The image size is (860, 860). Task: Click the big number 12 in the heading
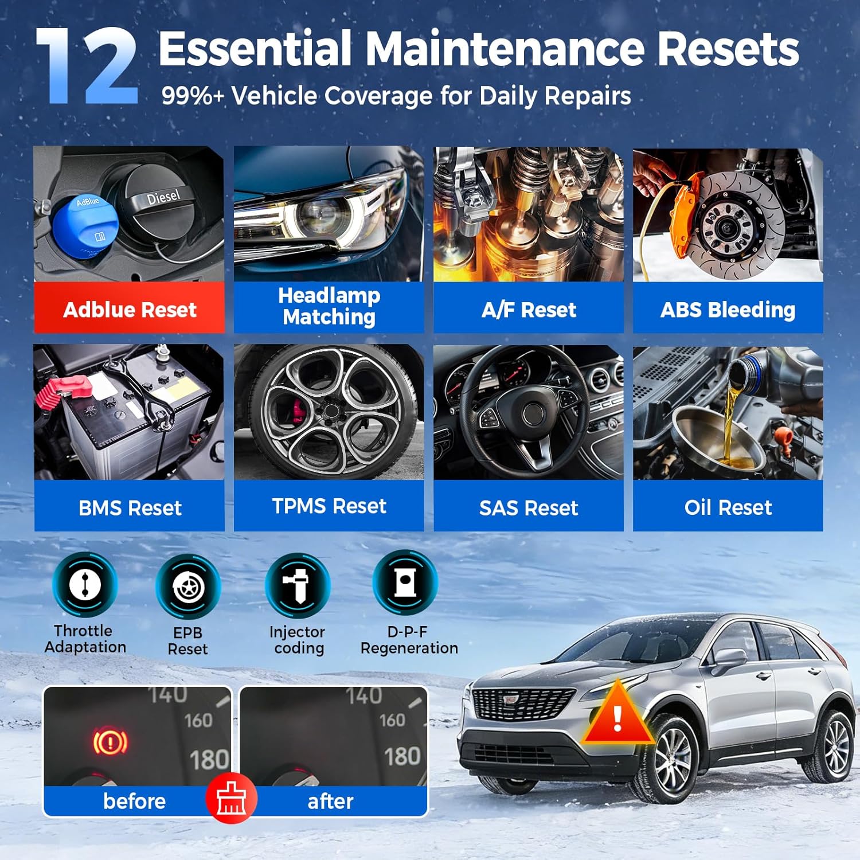click(x=87, y=66)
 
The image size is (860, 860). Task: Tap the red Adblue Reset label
click(x=130, y=309)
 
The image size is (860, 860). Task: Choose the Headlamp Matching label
click(x=329, y=307)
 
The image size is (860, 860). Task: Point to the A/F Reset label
click(x=529, y=309)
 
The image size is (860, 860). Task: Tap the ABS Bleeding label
click(x=728, y=309)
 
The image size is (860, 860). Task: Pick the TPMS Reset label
click(x=329, y=506)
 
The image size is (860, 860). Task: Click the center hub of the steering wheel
click(x=533, y=414)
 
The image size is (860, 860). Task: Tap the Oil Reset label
click(x=728, y=507)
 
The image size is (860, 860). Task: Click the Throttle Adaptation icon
click(x=85, y=585)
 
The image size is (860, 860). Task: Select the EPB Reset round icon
click(x=188, y=587)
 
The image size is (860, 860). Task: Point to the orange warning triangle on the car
click(x=617, y=714)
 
